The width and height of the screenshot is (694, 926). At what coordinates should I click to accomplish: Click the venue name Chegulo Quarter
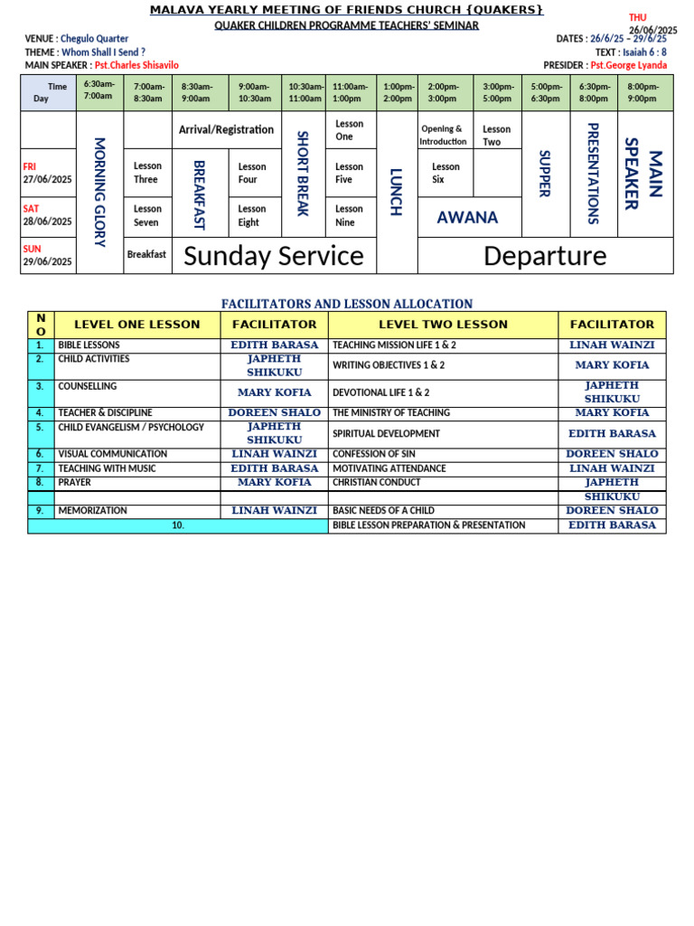click(x=94, y=39)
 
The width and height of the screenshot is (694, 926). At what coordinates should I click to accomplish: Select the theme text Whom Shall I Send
click(x=103, y=52)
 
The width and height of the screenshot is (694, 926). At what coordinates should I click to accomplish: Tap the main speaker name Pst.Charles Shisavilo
click(x=136, y=65)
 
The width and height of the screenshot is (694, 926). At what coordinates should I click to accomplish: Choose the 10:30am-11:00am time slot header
click(x=305, y=92)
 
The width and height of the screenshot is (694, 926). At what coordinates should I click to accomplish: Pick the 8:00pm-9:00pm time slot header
click(x=643, y=92)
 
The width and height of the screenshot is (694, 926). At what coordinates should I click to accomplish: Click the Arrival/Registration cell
click(x=226, y=130)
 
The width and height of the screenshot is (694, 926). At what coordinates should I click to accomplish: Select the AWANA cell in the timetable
click(x=467, y=217)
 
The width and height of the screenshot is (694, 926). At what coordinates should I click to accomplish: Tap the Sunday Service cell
click(x=273, y=256)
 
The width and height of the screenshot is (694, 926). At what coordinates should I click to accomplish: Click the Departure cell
click(x=545, y=256)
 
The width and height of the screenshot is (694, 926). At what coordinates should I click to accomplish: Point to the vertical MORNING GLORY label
click(x=99, y=192)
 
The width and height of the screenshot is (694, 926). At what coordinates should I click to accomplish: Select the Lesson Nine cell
click(x=350, y=216)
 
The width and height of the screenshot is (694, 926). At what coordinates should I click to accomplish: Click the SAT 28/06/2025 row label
click(x=47, y=215)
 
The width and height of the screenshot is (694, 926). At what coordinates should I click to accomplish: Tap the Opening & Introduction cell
click(x=443, y=135)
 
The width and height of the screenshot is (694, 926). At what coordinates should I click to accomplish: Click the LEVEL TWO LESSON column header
click(x=443, y=325)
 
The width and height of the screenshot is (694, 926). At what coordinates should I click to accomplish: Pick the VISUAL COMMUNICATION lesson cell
click(x=112, y=454)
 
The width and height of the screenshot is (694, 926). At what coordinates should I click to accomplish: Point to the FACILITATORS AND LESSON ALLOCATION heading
click(x=347, y=304)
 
